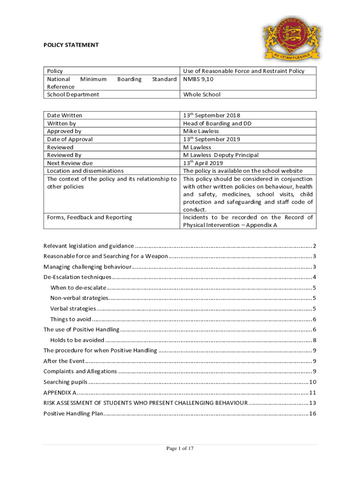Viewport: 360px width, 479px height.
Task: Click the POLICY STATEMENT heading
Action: (x=71, y=45)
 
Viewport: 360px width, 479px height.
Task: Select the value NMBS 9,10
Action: (x=198, y=79)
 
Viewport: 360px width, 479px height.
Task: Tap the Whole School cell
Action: (x=202, y=94)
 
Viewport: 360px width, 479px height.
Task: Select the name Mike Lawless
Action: (x=201, y=131)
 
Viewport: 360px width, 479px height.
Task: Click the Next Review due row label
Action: (x=70, y=163)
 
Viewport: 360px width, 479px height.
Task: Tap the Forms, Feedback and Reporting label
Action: (x=89, y=217)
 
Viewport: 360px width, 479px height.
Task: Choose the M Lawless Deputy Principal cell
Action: (x=221, y=155)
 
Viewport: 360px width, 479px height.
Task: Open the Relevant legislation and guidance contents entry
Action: (x=89, y=246)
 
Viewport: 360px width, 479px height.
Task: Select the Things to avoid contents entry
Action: (x=71, y=319)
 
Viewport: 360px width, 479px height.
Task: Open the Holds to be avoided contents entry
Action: (x=77, y=340)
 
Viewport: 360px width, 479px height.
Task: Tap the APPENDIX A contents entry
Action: (x=60, y=392)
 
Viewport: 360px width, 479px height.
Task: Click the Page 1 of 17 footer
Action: (x=180, y=449)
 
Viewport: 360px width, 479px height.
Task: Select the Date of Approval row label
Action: (x=70, y=139)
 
